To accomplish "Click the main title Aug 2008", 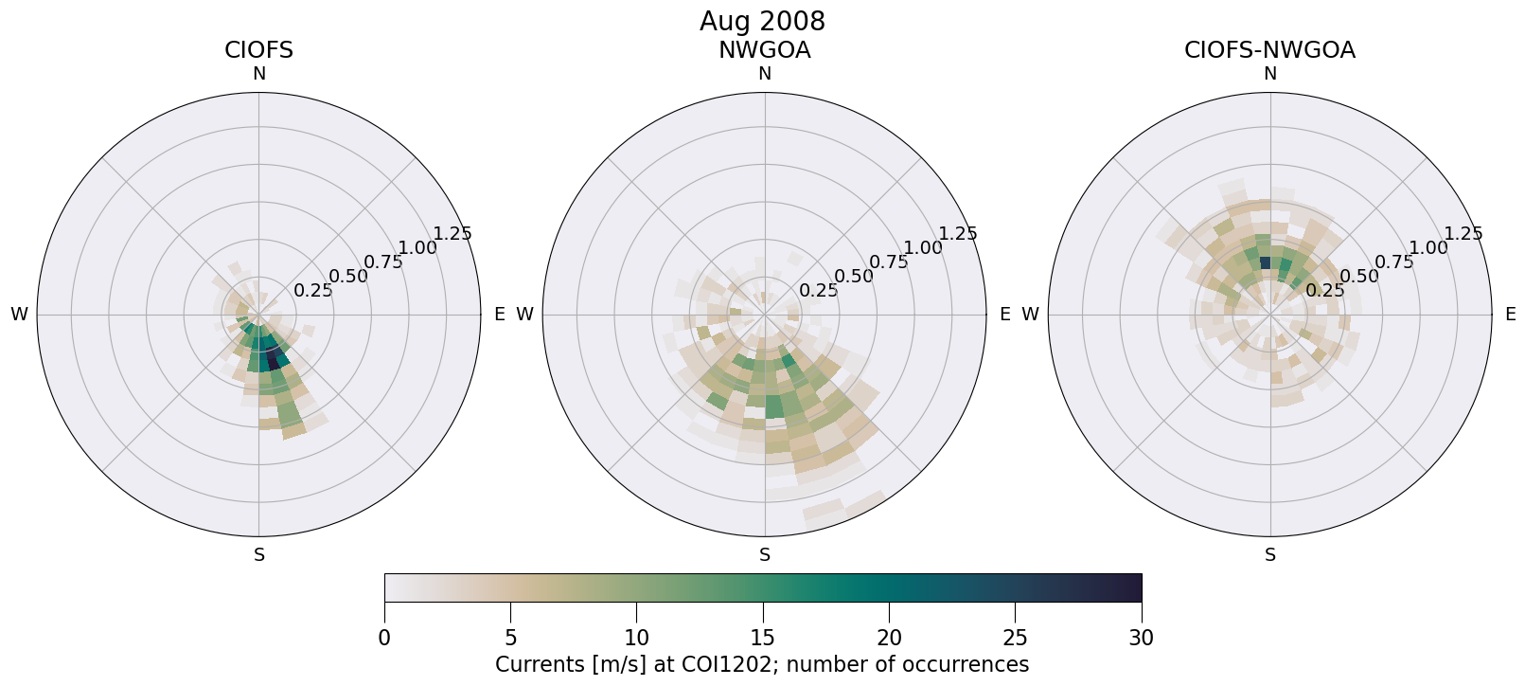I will point(762,21).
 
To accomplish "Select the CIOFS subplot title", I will point(258,50).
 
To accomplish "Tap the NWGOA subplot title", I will point(764,50).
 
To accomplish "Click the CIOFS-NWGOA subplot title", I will point(1269,50).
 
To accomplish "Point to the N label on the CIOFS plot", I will point(258,74).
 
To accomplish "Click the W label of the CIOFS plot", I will point(19,315).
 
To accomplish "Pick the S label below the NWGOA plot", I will point(764,555).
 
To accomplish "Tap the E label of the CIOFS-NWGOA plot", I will point(1511,315).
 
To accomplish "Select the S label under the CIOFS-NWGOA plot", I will point(1270,555).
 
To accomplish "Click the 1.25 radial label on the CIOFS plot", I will point(452,234).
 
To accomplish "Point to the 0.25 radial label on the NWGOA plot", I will point(819,290).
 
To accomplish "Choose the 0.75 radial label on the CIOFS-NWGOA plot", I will point(1394,262).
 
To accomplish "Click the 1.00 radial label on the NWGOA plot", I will point(923,248).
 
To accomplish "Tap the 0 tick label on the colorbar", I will point(384,638).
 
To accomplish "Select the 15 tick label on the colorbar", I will point(763,638).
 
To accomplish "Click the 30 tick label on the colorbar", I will point(1142,638).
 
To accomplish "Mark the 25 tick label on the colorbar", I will point(1016,638).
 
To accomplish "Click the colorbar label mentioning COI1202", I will point(762,664).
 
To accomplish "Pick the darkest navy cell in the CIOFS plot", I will point(275,360).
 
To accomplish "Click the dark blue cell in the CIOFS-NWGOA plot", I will point(1266,262).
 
